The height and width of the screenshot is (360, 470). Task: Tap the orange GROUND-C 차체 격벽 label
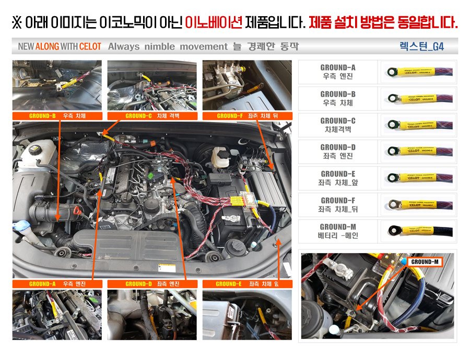(152, 116)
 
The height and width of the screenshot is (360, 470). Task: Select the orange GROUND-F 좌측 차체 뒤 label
(247, 116)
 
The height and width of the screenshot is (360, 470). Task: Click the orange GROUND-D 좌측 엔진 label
(152, 284)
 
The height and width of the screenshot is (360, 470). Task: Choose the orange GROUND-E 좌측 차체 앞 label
(247, 284)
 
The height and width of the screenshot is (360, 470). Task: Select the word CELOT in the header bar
(90, 46)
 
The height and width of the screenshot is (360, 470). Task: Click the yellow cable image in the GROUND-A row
(417, 72)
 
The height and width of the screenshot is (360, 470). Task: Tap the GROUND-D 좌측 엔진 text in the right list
(338, 151)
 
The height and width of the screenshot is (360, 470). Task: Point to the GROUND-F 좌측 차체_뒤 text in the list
(338, 205)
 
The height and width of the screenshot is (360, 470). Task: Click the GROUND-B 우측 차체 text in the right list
(338, 98)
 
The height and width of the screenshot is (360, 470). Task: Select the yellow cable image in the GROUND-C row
(417, 125)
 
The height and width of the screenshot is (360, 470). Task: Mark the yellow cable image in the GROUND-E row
(417, 178)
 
